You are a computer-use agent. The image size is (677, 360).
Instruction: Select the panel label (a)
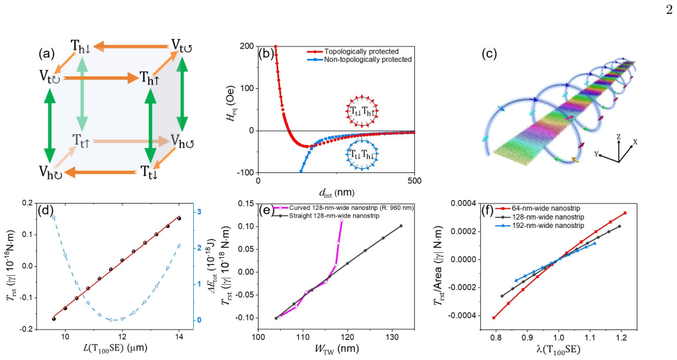point(46,54)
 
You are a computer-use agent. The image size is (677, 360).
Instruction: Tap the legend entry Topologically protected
point(361,51)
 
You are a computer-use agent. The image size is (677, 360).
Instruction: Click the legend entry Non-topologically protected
point(368,60)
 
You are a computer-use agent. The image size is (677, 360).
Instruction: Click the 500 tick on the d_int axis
point(414,181)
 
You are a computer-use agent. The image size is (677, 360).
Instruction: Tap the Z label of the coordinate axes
point(619,136)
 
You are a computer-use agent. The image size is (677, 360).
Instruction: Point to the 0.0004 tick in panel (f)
point(463,204)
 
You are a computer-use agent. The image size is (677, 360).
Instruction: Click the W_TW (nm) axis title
point(336,348)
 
